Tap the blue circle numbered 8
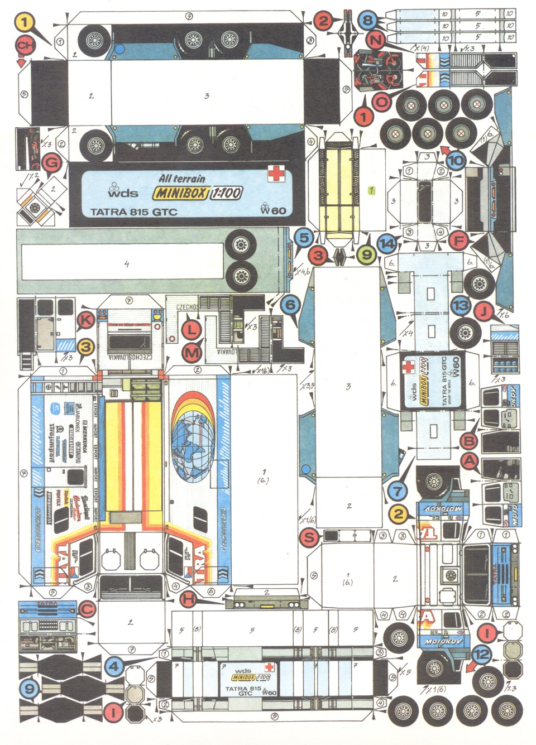366,21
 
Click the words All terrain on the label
181,179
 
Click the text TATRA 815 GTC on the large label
133,212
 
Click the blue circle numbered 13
461,305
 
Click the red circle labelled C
85,611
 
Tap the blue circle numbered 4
114,665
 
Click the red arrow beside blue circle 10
445,149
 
